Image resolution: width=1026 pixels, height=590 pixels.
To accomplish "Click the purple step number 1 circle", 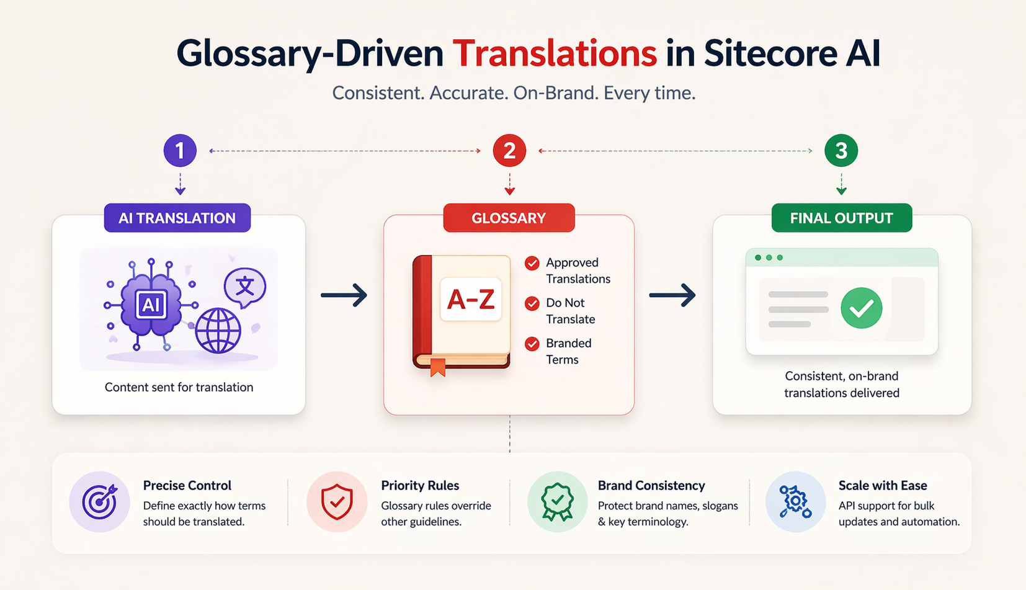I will pyautogui.click(x=180, y=151).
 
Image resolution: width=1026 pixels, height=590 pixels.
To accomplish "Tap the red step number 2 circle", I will pyautogui.click(x=509, y=151).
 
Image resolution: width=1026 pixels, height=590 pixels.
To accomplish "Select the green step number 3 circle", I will pyautogui.click(x=841, y=151).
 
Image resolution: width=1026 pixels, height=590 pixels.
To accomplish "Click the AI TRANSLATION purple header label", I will pyautogui.click(x=177, y=218).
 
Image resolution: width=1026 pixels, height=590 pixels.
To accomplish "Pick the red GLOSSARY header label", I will pyautogui.click(x=509, y=218).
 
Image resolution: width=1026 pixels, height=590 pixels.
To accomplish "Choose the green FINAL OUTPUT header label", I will pyautogui.click(x=841, y=218).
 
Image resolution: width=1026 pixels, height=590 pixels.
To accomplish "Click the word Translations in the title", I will pyautogui.click(x=555, y=54).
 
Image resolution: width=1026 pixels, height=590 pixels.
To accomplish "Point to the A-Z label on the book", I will pyautogui.click(x=471, y=300).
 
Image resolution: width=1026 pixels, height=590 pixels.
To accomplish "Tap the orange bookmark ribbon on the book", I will pyautogui.click(x=438, y=367).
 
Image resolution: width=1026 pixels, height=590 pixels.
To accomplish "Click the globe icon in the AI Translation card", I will pyautogui.click(x=218, y=330).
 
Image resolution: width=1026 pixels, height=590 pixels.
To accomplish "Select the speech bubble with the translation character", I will pyautogui.click(x=245, y=287).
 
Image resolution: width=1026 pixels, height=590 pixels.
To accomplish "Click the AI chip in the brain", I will pyautogui.click(x=151, y=305).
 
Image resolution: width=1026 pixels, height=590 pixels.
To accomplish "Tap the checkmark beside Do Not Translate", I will pyautogui.click(x=532, y=303).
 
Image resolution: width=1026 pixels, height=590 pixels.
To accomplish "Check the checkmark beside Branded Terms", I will pyautogui.click(x=532, y=344).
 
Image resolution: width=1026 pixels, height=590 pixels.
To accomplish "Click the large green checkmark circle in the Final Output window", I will pyautogui.click(x=862, y=308).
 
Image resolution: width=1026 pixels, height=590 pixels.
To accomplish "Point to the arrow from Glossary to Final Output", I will pyautogui.click(x=672, y=295).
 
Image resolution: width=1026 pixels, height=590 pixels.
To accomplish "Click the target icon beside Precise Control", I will pyautogui.click(x=99, y=501).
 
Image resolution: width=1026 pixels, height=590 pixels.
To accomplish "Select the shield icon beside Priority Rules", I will pyautogui.click(x=337, y=501).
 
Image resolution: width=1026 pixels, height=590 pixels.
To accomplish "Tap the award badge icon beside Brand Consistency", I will pyautogui.click(x=557, y=501).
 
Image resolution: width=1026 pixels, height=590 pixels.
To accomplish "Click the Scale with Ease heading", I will pyautogui.click(x=883, y=485).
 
